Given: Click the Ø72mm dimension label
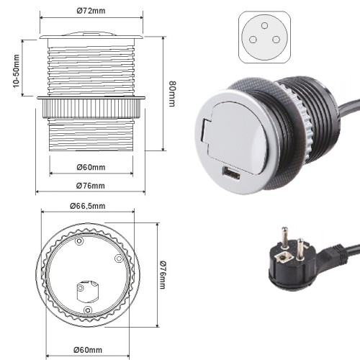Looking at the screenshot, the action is pyautogui.click(x=91, y=11).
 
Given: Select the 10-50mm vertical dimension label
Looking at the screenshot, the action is pyautogui.click(x=16, y=71).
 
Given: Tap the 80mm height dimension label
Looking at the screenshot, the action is pyautogui.click(x=172, y=94).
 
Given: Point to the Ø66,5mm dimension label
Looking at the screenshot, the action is pyautogui.click(x=88, y=206).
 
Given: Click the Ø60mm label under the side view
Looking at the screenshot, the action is pyautogui.click(x=91, y=167).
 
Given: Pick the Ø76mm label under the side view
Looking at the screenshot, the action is pyautogui.click(x=91, y=186).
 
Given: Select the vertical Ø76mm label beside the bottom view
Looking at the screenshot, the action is pyautogui.click(x=162, y=274).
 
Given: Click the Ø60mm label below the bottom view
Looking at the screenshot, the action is pyautogui.click(x=88, y=350).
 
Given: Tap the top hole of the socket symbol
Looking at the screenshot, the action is pyautogui.click(x=264, y=25).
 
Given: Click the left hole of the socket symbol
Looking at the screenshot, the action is pyautogui.click(x=253, y=40).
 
